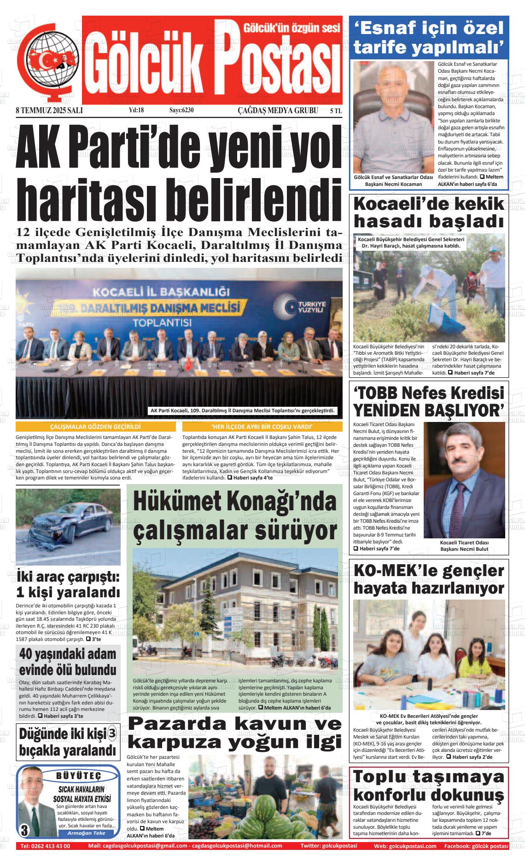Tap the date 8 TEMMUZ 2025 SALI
[x=46, y=110]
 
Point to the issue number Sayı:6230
[x=181, y=110]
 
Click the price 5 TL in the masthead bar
[x=336, y=110]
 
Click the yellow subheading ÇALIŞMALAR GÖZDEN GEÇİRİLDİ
[x=91, y=427]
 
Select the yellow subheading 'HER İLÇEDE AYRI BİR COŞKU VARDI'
[x=262, y=427]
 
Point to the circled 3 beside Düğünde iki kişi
[x=112, y=733]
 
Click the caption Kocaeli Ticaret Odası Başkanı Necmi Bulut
[x=464, y=545]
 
